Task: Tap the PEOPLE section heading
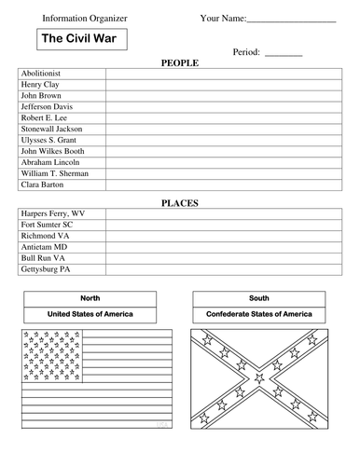(179, 62)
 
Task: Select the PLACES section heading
(179, 202)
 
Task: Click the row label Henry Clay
(40, 85)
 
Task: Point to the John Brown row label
(40, 96)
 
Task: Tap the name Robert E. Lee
(45, 118)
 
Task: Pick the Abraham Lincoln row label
(50, 162)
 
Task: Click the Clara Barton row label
(43, 185)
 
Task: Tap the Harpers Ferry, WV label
(52, 213)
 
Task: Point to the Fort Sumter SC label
(47, 225)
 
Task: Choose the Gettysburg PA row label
(46, 269)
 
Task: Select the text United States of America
(90, 314)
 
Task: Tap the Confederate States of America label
(258, 314)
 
